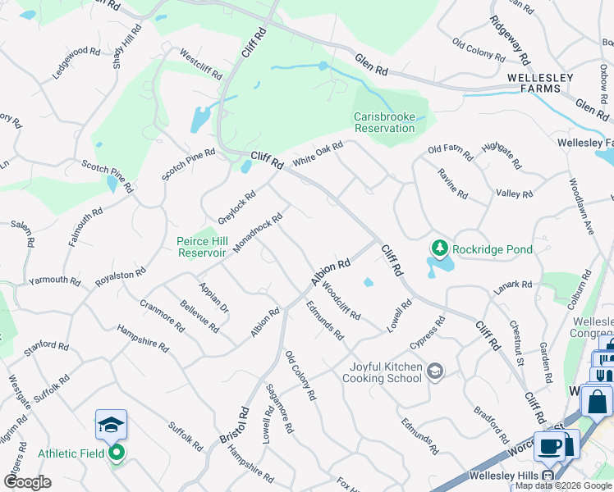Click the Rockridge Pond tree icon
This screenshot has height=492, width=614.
439,248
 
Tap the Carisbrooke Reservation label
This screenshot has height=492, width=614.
384,122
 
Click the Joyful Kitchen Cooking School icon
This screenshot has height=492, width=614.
435,372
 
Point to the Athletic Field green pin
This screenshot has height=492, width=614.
117,452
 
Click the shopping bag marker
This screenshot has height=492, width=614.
597,401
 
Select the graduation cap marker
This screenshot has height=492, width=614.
111,424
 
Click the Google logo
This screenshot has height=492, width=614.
27,482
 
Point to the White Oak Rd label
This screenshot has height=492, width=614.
317,153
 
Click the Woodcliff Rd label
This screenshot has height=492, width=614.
341,301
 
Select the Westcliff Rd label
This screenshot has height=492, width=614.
201,65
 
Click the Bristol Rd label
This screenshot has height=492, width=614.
233,426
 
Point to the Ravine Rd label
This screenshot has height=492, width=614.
452,184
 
